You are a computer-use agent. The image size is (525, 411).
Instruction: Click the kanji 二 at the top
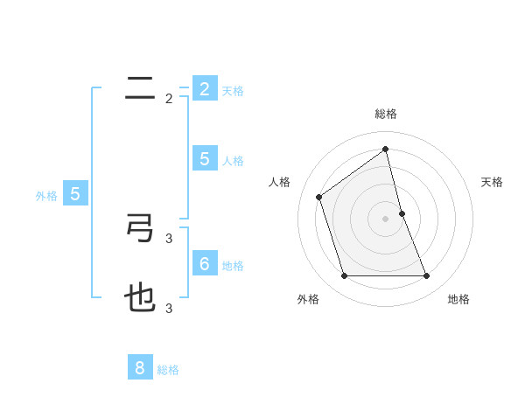point(140,88)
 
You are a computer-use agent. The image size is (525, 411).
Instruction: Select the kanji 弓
point(140,228)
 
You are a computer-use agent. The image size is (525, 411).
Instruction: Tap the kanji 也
point(140,299)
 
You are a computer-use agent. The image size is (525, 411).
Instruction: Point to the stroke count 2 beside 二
point(169,99)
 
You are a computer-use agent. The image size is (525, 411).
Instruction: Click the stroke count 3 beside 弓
point(169,238)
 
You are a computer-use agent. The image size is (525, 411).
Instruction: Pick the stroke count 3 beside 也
point(169,308)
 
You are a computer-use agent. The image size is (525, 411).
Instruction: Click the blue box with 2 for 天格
point(205,89)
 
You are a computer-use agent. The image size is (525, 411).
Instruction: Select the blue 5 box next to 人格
point(205,159)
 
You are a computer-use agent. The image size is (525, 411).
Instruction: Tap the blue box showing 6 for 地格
point(205,263)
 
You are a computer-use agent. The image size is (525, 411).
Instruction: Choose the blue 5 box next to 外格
point(75,194)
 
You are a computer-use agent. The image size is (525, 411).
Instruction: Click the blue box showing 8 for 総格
point(140,368)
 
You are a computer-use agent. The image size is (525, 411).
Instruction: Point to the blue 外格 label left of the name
point(46,196)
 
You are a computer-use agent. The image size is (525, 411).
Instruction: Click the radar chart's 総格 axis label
point(386,115)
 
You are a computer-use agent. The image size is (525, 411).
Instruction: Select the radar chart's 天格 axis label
point(492,182)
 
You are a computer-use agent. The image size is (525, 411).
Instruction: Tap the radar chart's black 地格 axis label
point(458,299)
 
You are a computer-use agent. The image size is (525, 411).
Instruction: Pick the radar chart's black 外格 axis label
point(308,299)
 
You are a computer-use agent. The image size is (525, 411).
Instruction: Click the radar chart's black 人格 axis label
point(280,182)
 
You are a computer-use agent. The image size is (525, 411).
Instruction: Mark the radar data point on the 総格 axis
point(386,149)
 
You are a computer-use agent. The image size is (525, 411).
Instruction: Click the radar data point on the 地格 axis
point(426,276)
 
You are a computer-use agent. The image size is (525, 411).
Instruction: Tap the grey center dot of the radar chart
point(386,219)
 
